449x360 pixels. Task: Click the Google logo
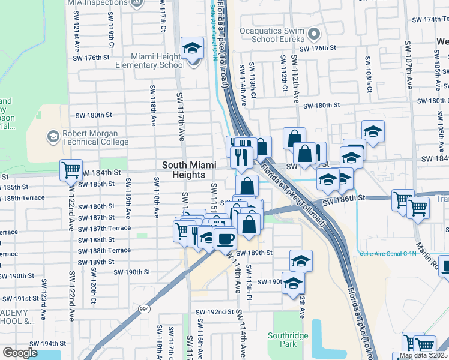coord(20,352)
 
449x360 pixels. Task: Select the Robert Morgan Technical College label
coord(95,137)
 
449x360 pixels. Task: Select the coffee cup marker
coord(226,238)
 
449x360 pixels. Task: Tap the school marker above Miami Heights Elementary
coord(193,47)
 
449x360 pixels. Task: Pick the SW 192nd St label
coord(214,312)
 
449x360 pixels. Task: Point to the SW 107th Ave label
coord(408,65)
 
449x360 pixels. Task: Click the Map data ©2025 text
coord(423,356)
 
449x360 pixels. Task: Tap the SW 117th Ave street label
coord(179,117)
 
